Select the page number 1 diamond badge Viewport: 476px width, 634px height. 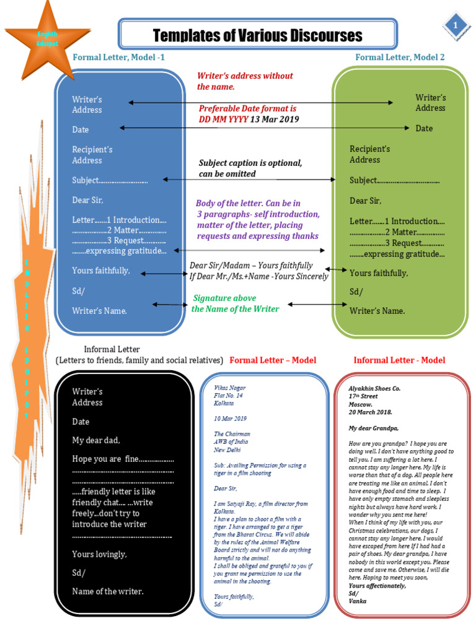456,25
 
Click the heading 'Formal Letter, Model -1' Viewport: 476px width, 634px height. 119,57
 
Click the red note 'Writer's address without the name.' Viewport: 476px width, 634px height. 245,81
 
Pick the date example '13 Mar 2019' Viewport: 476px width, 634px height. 275,119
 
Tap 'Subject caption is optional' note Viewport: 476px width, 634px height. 250,163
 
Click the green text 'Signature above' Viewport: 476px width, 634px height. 224,298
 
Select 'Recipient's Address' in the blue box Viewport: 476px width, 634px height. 92,155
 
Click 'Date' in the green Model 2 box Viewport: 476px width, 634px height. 424,128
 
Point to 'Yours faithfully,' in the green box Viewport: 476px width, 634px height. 379,273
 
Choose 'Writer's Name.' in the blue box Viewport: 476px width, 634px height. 100,311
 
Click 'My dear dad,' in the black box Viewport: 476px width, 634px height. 96,440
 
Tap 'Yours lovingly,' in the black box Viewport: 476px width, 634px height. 99,554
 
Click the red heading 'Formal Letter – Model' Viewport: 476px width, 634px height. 273,360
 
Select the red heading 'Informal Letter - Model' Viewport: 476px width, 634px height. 399,360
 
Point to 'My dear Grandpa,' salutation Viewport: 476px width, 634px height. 374,428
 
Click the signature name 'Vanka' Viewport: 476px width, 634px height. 358,601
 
